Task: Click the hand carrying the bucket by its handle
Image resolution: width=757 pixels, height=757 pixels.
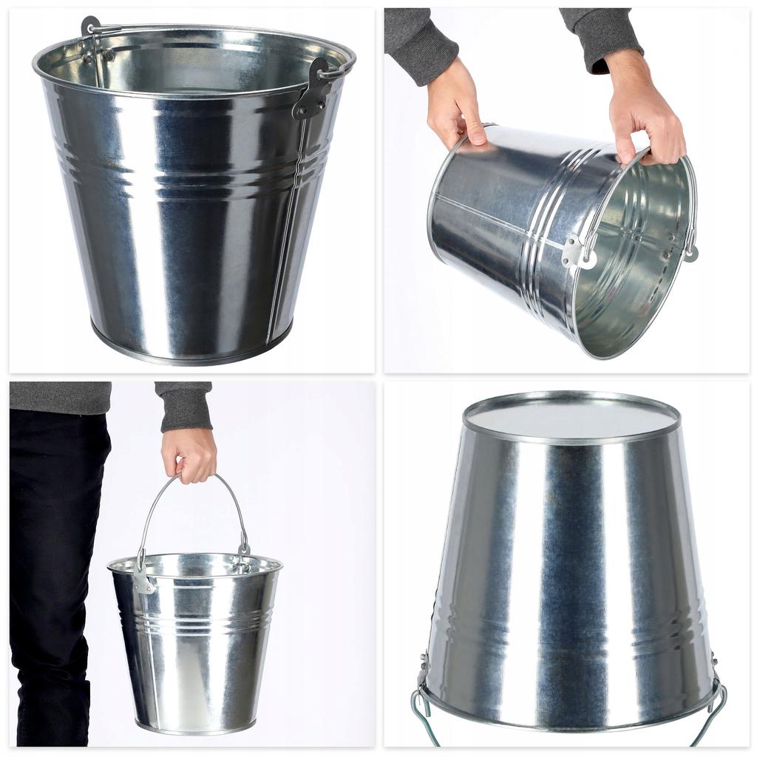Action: [x=189, y=454]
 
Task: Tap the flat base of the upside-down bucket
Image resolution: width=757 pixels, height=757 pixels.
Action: [x=571, y=418]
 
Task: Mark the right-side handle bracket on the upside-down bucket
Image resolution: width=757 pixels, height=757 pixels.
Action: [x=714, y=665]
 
